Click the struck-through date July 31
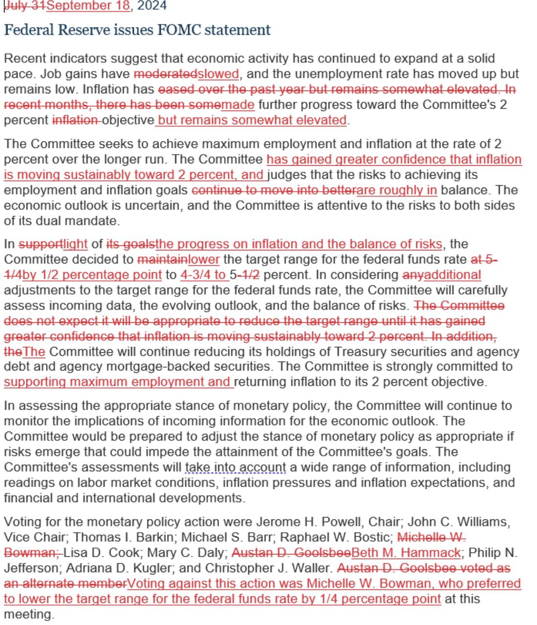coord(25,6)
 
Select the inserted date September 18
coord(88,6)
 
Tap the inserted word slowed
coord(218,74)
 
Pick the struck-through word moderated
coord(165,74)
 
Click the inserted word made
coord(238,104)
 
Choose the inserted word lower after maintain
coord(204,259)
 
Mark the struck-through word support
coord(41,244)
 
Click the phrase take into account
coord(236,467)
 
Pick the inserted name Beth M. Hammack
coord(406,553)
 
